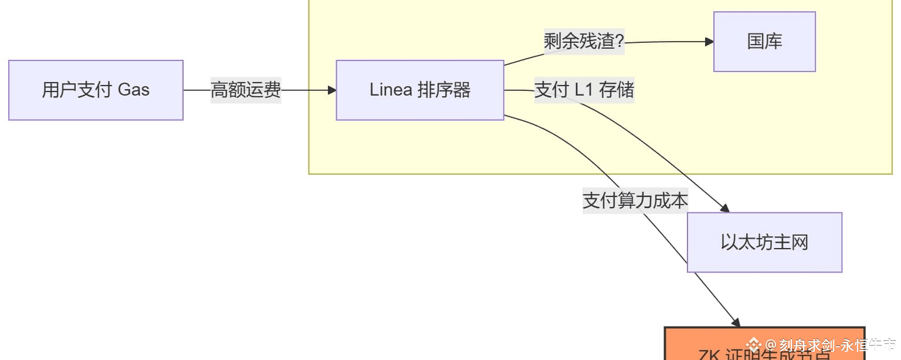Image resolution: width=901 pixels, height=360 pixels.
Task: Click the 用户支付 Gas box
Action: tap(96, 90)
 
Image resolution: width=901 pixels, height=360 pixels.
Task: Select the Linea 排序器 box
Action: tap(420, 90)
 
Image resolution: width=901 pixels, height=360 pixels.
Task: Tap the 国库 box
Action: tap(764, 42)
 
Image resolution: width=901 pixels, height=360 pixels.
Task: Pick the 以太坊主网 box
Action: tap(764, 242)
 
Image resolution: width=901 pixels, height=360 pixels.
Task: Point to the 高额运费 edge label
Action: tap(246, 90)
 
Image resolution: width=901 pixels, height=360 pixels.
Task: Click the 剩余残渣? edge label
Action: tap(584, 42)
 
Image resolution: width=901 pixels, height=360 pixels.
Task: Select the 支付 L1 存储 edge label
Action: tap(584, 90)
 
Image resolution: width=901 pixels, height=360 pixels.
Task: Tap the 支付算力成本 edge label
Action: tap(635, 201)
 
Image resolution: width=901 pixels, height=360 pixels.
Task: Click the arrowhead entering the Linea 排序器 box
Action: tap(332, 90)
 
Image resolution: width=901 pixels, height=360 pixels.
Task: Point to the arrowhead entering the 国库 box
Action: tap(709, 42)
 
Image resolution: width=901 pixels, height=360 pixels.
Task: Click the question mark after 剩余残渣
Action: tap(619, 42)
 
